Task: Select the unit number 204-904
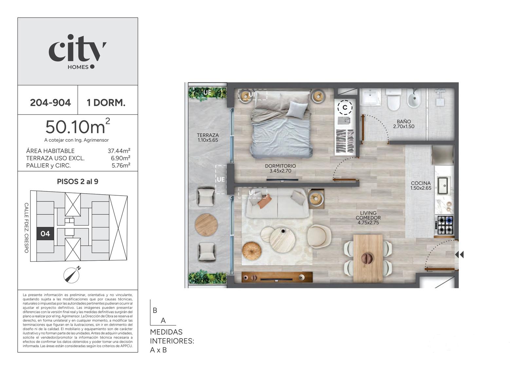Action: tap(50, 103)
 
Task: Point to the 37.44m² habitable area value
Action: tap(119, 151)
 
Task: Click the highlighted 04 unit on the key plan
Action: tap(45, 234)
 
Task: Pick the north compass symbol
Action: tap(72, 275)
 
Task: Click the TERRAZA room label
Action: tap(208, 135)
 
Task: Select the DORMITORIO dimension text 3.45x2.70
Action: tap(280, 171)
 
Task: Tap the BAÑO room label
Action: tap(404, 122)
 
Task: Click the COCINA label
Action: tap(421, 183)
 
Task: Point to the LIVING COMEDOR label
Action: tap(368, 215)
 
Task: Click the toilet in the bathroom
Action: tap(393, 99)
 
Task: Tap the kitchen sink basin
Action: tap(442, 185)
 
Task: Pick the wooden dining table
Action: tap(368, 258)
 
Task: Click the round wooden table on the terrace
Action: tap(206, 225)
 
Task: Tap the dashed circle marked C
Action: tap(345, 107)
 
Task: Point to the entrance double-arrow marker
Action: tap(459, 255)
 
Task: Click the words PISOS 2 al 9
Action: tap(78, 182)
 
